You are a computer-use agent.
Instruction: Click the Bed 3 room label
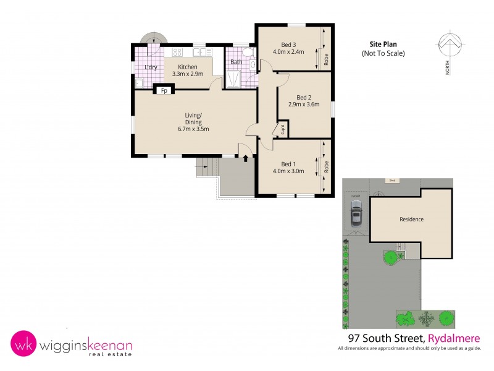(289, 45)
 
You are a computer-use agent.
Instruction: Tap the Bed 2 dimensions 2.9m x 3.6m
(303, 104)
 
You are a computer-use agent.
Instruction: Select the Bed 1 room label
(289, 163)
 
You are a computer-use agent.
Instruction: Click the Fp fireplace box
(164, 91)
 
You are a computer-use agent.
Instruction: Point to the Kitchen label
(188, 67)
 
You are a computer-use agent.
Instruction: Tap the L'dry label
(150, 67)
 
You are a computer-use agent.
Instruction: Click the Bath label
(237, 62)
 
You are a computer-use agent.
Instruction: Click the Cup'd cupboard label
(282, 130)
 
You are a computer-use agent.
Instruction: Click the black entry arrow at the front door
(246, 158)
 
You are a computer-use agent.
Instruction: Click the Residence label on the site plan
(411, 219)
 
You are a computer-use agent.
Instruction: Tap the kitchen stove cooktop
(177, 53)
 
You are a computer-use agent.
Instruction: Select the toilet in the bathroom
(248, 55)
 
